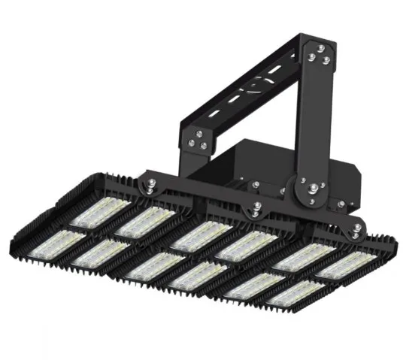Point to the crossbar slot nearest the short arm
(x=218, y=113)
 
